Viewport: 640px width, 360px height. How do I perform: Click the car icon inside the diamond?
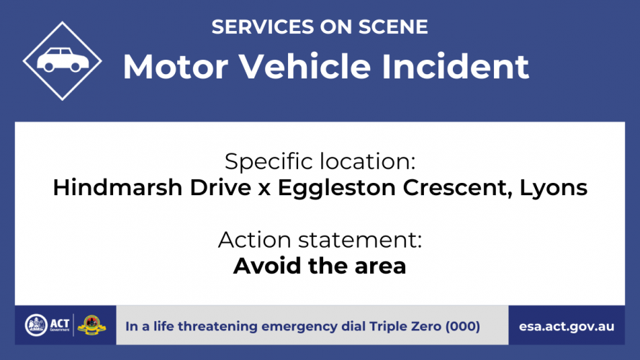click(63, 60)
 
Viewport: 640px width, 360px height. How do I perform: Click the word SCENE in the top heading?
click(393, 27)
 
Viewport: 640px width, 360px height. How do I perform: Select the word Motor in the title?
click(176, 66)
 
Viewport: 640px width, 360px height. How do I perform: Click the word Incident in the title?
click(455, 66)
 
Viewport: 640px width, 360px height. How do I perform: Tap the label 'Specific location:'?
click(320, 161)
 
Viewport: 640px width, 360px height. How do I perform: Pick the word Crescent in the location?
click(457, 188)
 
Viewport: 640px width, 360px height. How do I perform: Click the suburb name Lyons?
click(554, 189)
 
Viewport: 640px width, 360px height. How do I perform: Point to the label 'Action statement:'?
click(320, 240)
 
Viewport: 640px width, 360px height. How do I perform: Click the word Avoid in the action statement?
click(267, 266)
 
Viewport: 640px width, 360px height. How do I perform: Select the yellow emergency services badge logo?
click(92, 325)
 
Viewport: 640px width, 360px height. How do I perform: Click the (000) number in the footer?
click(462, 327)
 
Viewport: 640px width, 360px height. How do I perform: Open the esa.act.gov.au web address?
click(567, 327)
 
